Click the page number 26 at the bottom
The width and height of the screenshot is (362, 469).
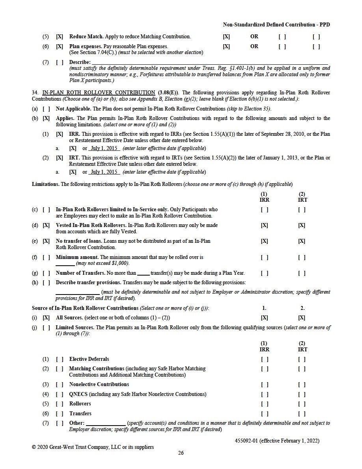pyautogui.click(x=181, y=453)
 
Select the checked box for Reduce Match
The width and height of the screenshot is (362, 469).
pyautogui.click(x=60, y=37)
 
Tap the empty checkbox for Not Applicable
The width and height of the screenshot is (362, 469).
pyautogui.click(x=46, y=109)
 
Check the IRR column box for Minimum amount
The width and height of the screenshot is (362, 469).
pyautogui.click(x=264, y=257)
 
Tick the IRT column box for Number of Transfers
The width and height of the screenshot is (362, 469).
pyautogui.click(x=302, y=273)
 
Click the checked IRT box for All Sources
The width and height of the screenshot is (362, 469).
pyautogui.click(x=302, y=318)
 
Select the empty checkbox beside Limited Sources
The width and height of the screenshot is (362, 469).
pyautogui.click(x=46, y=328)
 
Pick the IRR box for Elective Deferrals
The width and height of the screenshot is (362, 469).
pyautogui.click(x=264, y=359)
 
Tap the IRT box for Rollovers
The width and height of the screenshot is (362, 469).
pyautogui.click(x=302, y=404)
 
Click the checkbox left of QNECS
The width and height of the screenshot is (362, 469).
pyautogui.click(x=60, y=394)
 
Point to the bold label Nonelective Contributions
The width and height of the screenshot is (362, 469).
pyautogui.click(x=99, y=385)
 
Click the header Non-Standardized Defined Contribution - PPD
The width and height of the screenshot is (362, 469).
pyautogui.click(x=276, y=24)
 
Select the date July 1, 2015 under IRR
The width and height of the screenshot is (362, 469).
pyautogui.click(x=104, y=148)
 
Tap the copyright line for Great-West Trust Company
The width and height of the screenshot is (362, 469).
pyautogui.click(x=93, y=447)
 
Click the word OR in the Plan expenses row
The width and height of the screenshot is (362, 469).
pyautogui.click(x=254, y=46)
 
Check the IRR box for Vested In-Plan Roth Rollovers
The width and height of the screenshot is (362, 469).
pyautogui.click(x=264, y=225)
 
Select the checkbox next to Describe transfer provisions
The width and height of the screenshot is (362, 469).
pyautogui.click(x=46, y=283)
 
